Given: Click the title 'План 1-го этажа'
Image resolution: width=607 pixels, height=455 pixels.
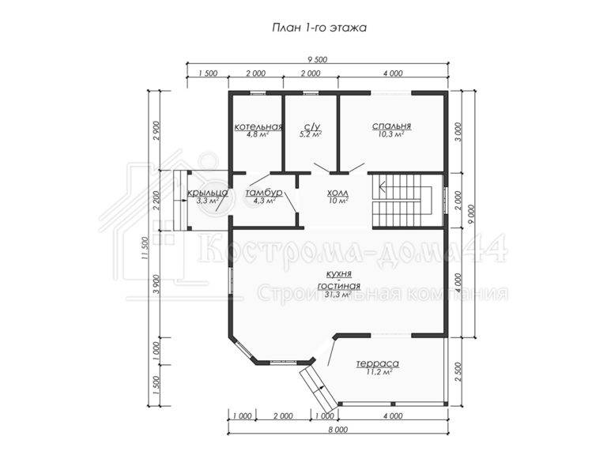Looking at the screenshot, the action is click(x=319, y=28).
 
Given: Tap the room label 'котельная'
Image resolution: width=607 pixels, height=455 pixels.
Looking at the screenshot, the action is click(x=258, y=127).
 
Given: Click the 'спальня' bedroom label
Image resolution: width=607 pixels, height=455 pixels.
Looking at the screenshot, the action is click(x=391, y=126).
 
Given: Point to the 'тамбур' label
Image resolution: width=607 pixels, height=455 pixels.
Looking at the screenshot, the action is click(x=264, y=193).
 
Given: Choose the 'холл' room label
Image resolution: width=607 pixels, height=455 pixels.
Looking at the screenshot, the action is click(x=338, y=193).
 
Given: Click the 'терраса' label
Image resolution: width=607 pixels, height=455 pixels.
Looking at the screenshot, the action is click(x=378, y=363).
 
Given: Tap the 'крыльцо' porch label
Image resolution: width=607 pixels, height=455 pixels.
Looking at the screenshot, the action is click(x=208, y=193).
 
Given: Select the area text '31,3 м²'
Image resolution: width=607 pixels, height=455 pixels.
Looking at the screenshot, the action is click(x=338, y=295).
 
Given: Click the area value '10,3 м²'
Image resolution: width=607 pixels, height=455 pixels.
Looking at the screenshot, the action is click(x=391, y=134).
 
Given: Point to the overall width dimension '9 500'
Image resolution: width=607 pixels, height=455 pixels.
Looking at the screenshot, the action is click(x=318, y=59).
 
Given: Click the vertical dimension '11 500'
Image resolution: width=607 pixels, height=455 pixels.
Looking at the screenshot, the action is click(x=145, y=247).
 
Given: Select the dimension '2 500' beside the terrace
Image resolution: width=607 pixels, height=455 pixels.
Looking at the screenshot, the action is click(x=458, y=372).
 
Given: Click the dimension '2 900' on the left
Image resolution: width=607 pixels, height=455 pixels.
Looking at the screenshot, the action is click(x=156, y=132).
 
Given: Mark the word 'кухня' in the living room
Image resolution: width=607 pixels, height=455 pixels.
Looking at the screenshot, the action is click(x=339, y=274).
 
